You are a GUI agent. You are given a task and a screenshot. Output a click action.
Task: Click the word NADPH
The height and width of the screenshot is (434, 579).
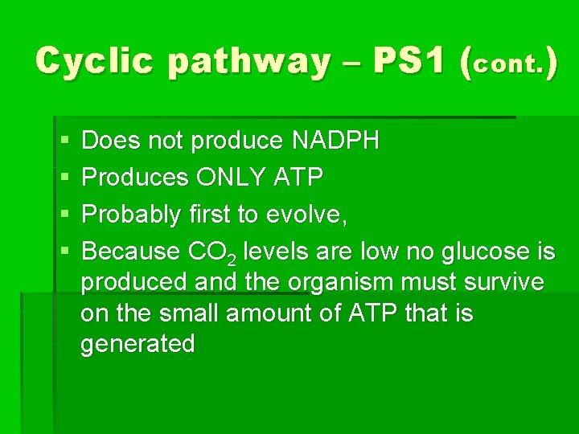335,141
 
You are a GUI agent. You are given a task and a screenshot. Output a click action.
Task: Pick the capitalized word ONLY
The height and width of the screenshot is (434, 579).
228,178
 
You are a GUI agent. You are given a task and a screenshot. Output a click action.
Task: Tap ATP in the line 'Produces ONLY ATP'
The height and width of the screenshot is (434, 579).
299,178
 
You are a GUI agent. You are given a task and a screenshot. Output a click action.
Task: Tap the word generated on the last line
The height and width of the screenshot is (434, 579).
138,345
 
